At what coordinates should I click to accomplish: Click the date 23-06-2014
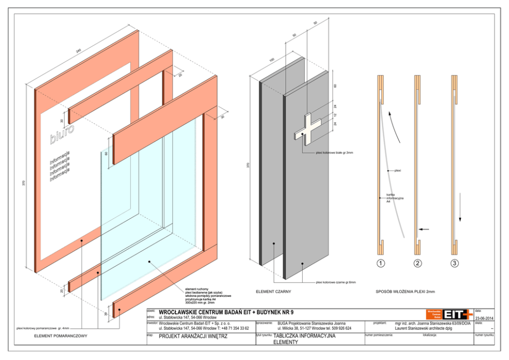pyautogui.click(x=484, y=318)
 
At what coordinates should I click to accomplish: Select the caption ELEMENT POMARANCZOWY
pyautogui.click(x=61, y=336)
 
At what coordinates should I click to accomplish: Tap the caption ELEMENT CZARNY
pyautogui.click(x=273, y=292)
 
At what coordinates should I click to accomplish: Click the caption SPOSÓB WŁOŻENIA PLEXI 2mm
pyautogui.click(x=405, y=292)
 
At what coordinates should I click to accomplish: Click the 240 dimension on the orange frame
pyautogui.click(x=79, y=50)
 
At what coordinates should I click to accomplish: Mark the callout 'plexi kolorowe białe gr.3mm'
pyautogui.click(x=334, y=153)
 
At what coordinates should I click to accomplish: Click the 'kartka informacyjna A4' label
pyautogui.click(x=394, y=198)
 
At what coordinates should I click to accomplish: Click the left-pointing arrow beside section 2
pyautogui.click(x=423, y=229)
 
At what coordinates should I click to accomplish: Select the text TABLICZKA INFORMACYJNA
pyautogui.click(x=304, y=336)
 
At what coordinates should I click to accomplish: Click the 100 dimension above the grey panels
pyautogui.click(x=271, y=60)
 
